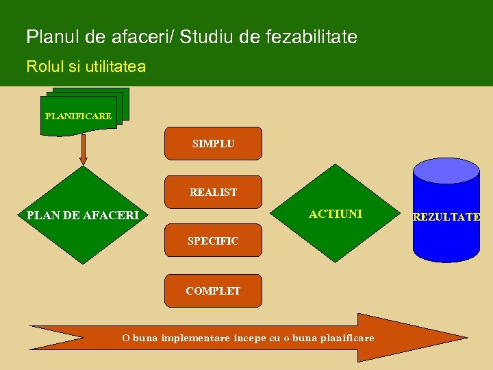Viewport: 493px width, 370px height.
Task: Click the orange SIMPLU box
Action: point(213,143)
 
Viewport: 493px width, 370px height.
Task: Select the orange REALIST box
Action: point(213,192)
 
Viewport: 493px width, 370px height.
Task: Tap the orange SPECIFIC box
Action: point(213,241)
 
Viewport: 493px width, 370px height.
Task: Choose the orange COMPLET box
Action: point(213,291)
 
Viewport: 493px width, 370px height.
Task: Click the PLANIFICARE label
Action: point(78,116)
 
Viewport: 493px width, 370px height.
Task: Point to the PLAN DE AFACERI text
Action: point(82,216)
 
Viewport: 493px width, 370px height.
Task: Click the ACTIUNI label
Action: point(336,214)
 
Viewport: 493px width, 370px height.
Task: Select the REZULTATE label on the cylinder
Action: point(446,217)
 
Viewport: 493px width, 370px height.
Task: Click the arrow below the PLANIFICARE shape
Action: point(84,149)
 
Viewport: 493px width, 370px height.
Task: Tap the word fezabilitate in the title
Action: point(318,36)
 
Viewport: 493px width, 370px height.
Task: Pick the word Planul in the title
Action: point(49,36)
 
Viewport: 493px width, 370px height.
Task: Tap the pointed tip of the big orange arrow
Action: point(466,337)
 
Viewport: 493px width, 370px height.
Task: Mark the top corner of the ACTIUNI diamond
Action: point(336,165)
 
